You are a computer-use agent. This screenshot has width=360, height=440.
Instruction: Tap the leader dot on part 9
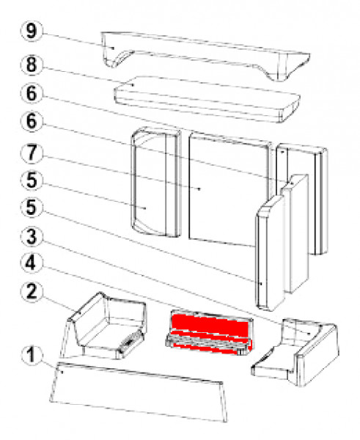(112, 48)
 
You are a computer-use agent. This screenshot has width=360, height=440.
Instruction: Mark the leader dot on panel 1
(64, 372)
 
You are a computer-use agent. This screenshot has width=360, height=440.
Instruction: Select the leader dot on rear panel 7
(200, 189)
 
